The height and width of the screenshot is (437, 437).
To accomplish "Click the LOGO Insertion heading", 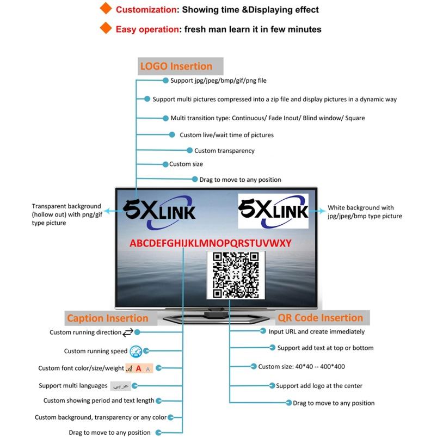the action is point(176,66).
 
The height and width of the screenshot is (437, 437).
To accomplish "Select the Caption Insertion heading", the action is point(107,318).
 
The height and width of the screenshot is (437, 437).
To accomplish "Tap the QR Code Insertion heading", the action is point(321,318).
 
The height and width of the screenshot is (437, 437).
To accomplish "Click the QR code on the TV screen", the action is point(236,275).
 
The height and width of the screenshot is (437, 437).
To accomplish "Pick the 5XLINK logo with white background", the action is point(273,211).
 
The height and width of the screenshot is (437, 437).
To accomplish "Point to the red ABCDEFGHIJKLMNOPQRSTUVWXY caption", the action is point(210,243).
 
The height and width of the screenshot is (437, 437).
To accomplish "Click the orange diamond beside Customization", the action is point(106,9).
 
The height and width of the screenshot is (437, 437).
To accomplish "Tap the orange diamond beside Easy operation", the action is point(106,29).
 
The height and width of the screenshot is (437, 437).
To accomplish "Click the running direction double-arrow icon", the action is point(128,332).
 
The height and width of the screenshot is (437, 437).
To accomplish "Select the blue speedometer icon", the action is point(136,351).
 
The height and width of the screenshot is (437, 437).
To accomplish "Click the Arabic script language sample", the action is point(121,386).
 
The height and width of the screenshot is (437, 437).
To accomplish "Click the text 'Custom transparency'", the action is point(224,151).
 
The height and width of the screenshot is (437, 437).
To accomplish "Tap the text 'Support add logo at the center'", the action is point(319,386).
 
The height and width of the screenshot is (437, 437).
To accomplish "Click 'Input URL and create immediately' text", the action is point(317,331).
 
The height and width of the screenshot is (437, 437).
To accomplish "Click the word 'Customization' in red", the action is point(146,10).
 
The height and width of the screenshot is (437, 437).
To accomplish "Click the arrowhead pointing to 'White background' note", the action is point(324,210).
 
